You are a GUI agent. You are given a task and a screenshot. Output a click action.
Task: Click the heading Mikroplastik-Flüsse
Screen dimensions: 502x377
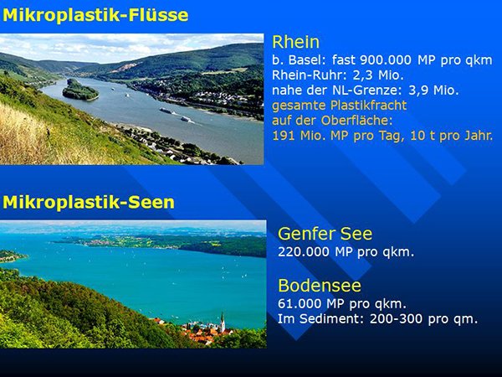95,15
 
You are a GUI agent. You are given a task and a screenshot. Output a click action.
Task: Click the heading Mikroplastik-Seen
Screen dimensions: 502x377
89,202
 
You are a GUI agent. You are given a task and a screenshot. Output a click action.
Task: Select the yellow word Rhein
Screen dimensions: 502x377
296,42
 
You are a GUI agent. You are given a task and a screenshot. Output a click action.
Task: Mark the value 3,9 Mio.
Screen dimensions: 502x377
433,90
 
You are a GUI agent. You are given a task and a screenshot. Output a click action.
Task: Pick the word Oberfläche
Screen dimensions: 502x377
356,121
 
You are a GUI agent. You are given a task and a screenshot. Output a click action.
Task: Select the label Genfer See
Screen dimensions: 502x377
325,234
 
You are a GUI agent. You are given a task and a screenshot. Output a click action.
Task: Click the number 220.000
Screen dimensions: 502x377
304,252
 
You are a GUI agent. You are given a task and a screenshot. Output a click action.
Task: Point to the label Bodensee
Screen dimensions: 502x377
320,286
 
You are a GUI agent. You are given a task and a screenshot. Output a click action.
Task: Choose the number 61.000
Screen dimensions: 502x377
300,303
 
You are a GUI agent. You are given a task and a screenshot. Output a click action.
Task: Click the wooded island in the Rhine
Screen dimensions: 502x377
80,90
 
